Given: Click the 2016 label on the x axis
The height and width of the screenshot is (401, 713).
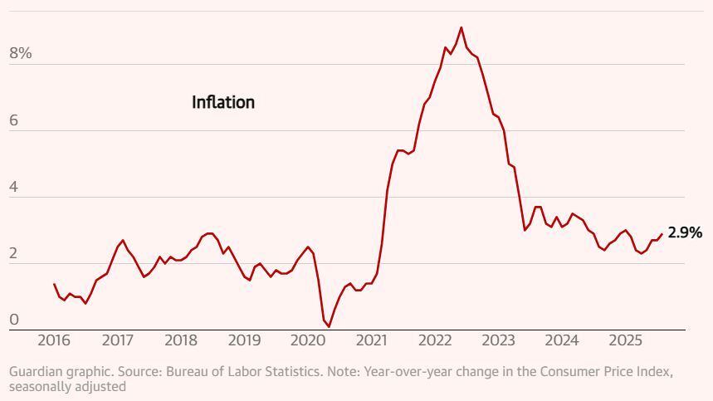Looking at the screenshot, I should pyautogui.click(x=54, y=340).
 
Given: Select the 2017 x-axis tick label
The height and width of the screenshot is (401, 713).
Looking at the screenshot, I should pyautogui.click(x=118, y=340).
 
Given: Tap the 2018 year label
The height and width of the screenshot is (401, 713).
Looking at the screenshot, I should pyautogui.click(x=181, y=340).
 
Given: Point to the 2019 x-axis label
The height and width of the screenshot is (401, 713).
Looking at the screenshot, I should pyautogui.click(x=244, y=340).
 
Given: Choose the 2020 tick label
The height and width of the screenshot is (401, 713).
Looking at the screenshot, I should pyautogui.click(x=308, y=340).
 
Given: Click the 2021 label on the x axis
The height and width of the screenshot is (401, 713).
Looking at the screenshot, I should pyautogui.click(x=371, y=340).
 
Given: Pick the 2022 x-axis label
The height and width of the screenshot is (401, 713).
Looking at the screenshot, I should pyautogui.click(x=435, y=340).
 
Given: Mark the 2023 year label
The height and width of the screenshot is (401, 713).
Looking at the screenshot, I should pyautogui.click(x=499, y=340).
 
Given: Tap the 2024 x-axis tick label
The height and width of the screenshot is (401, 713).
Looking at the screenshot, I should pyautogui.click(x=562, y=340).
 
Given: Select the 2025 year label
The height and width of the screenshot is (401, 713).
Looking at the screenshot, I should pyautogui.click(x=625, y=340).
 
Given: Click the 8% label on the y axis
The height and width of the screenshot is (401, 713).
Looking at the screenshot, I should pyautogui.click(x=20, y=54).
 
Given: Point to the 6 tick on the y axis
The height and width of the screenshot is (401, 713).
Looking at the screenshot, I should pyautogui.click(x=13, y=120).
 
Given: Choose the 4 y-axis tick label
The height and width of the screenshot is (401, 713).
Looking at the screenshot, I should pyautogui.click(x=13, y=187).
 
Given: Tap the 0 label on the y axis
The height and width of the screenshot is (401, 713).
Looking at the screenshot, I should pyautogui.click(x=13, y=320).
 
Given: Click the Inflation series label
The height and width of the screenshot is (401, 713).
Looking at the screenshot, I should pyautogui.click(x=223, y=103).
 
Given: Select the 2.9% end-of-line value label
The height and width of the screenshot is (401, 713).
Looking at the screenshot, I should pyautogui.click(x=685, y=233).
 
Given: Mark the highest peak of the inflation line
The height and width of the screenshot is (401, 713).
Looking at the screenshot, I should pyautogui.click(x=461, y=27).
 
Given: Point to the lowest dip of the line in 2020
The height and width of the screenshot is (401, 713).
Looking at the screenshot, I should pyautogui.click(x=329, y=326).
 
